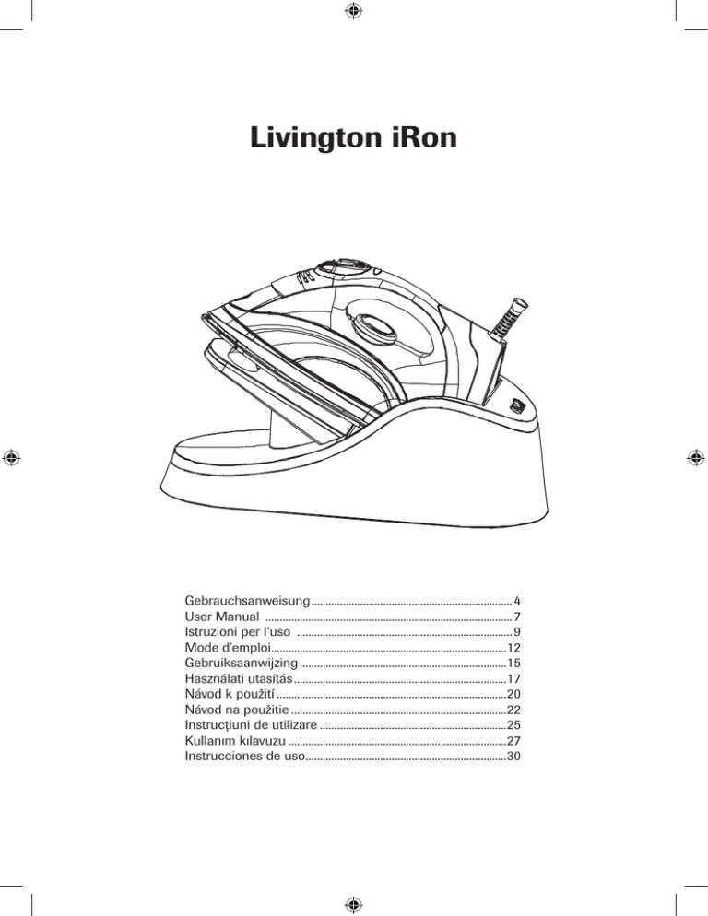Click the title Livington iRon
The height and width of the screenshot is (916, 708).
pyautogui.click(x=353, y=139)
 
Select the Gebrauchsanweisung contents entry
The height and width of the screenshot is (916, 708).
pyautogui.click(x=247, y=601)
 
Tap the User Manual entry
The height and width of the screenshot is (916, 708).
pyautogui.click(x=221, y=617)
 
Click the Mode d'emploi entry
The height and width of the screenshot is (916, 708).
pyautogui.click(x=229, y=647)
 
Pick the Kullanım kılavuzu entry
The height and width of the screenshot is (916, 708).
pyautogui.click(x=235, y=741)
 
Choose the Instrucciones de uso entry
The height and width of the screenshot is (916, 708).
pyautogui.click(x=245, y=756)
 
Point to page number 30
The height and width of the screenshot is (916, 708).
pyautogui.click(x=513, y=756)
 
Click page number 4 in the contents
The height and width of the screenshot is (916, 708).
pyautogui.click(x=517, y=601)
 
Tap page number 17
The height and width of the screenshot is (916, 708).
pyautogui.click(x=513, y=679)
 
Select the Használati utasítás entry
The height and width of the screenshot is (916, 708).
pyautogui.click(x=239, y=678)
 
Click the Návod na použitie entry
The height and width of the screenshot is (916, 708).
pyautogui.click(x=237, y=710)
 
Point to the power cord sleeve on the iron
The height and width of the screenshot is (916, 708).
pyautogui.click(x=508, y=318)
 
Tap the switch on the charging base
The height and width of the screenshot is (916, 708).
pyautogui.click(x=515, y=405)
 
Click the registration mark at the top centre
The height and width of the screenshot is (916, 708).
pyautogui.click(x=354, y=10)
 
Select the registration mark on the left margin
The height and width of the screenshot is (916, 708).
pyautogui.click(x=11, y=458)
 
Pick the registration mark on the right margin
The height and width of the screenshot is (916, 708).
pyautogui.click(x=696, y=458)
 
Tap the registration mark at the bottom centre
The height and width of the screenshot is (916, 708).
pyautogui.click(x=354, y=905)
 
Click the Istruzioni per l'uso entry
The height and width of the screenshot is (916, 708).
pyautogui.click(x=237, y=631)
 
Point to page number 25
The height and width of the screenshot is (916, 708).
pyautogui.click(x=513, y=725)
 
